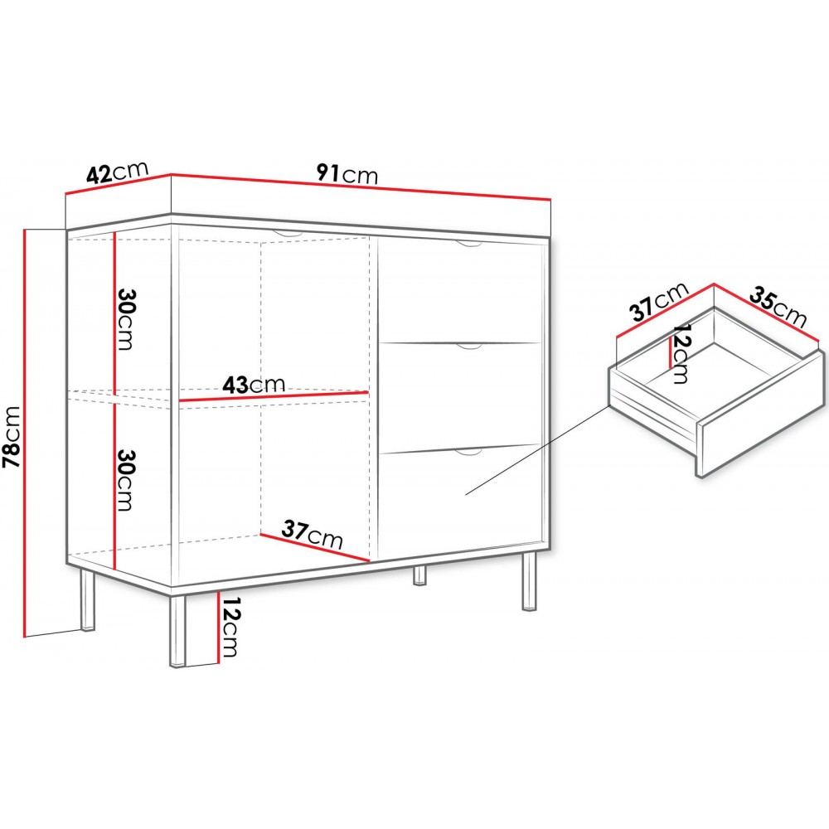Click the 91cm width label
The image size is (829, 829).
tap(347, 174)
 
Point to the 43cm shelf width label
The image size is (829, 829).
tap(254, 385)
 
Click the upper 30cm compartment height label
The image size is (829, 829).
tap(125, 319)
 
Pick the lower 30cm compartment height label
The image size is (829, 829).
tap(125, 480)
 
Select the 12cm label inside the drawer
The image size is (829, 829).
tap(680, 354)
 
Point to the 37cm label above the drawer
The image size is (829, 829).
tap(661, 303)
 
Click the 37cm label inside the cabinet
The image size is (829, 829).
tap(312, 535)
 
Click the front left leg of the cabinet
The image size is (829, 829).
tap(177, 631)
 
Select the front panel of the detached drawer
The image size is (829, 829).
tap(762, 415)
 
